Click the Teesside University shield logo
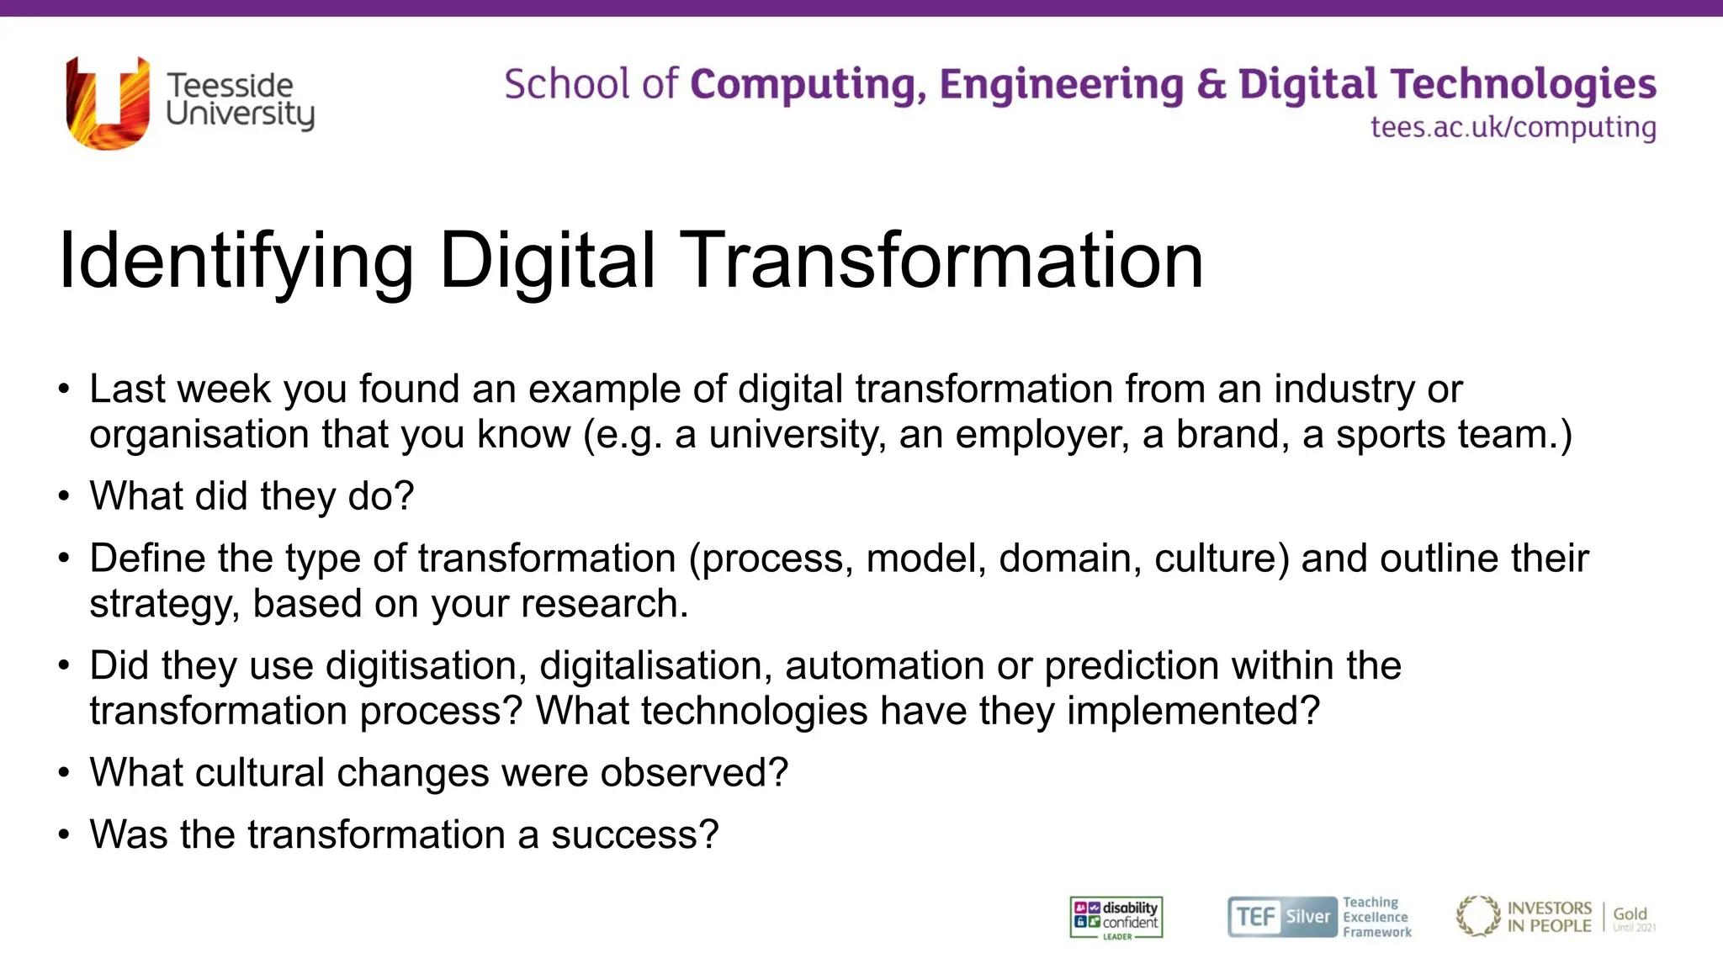(x=108, y=103)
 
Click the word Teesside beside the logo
(x=230, y=85)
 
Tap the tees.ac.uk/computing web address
(x=1513, y=127)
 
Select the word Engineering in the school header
(x=1060, y=84)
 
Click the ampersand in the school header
(x=1211, y=84)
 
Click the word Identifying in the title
(x=236, y=262)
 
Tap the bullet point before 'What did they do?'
(x=64, y=495)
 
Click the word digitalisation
(x=655, y=665)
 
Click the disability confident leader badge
(x=1116, y=918)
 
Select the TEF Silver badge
(x=1282, y=917)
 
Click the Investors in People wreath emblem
(x=1478, y=916)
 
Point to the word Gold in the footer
(x=1630, y=913)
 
